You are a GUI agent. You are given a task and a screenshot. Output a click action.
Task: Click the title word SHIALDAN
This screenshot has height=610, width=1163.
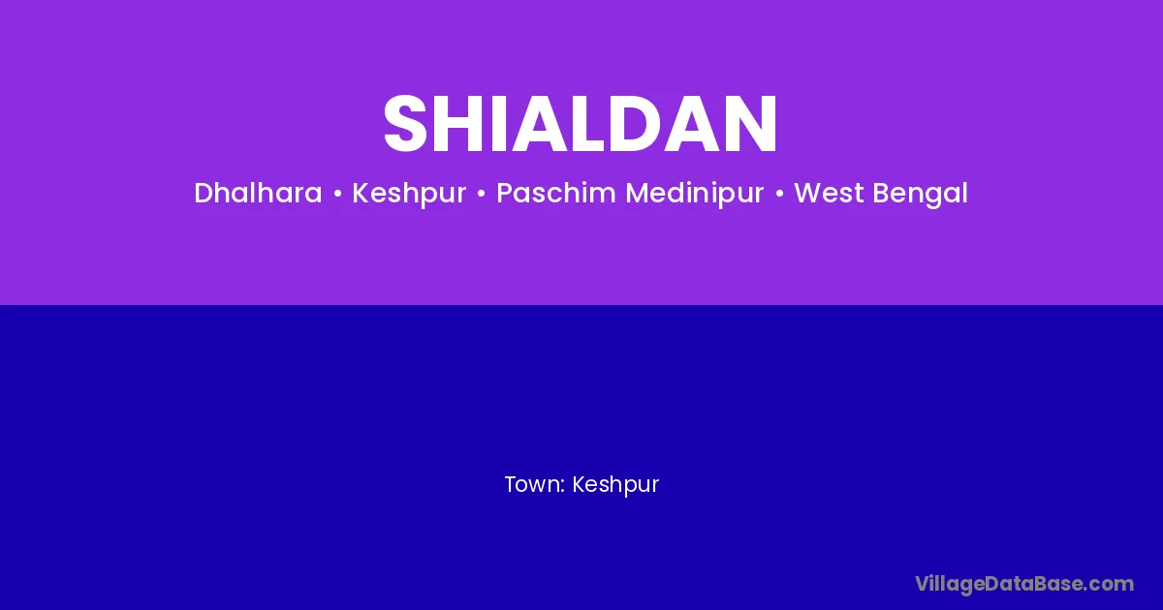click(581, 124)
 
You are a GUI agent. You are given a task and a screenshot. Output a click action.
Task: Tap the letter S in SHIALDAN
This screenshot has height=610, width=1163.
click(405, 124)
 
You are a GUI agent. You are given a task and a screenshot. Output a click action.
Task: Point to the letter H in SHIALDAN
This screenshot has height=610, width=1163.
click(460, 124)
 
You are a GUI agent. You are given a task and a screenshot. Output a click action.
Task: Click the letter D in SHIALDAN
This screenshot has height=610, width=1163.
click(639, 124)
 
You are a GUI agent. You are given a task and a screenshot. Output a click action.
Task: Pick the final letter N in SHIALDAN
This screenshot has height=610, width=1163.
click(751, 124)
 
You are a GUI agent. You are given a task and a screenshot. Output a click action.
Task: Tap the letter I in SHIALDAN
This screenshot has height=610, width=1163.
click(501, 124)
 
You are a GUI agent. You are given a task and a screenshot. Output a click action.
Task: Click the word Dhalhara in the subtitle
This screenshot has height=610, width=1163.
click(258, 193)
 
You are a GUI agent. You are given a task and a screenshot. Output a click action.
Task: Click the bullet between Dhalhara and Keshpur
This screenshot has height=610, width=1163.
click(337, 194)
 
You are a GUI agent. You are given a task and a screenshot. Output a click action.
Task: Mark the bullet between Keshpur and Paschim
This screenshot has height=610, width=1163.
click(482, 194)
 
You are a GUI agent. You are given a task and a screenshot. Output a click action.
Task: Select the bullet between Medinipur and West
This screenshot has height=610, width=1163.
click(779, 194)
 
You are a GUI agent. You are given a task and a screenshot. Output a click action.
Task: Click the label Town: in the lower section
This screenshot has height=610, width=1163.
click(535, 484)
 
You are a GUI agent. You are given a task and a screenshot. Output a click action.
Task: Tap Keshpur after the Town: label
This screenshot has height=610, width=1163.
click(615, 485)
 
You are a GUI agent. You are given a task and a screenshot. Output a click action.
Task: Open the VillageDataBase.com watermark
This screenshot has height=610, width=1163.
click(1024, 585)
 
